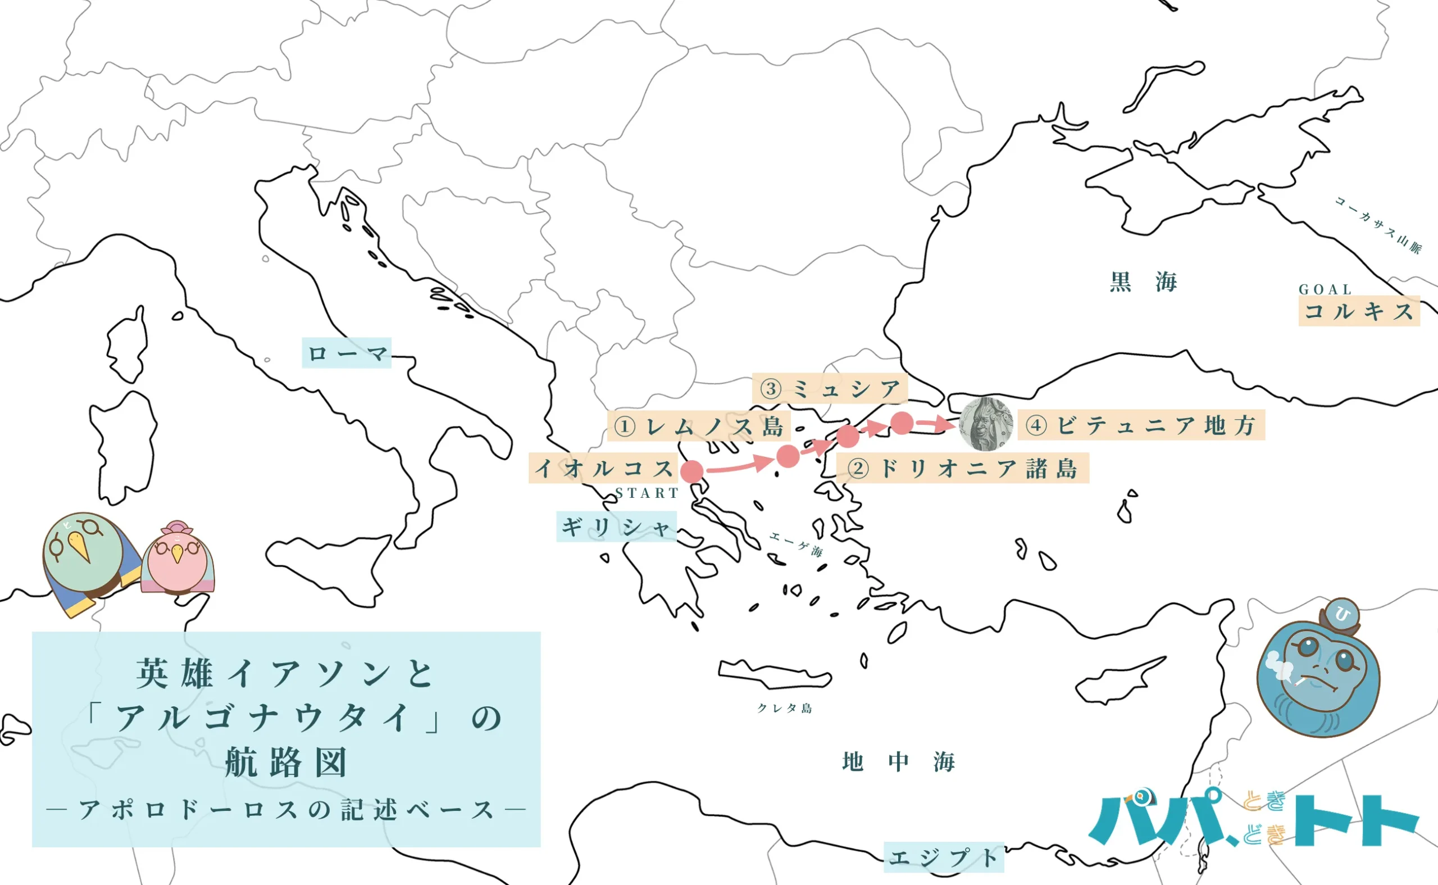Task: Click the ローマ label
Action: coord(347,353)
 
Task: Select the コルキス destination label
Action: coord(1358,311)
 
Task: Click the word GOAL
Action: coord(1325,289)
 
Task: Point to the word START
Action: coord(647,493)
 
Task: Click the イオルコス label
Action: coord(603,468)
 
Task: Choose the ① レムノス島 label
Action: coord(699,425)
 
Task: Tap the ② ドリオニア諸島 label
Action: coord(962,468)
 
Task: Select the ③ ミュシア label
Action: coord(830,388)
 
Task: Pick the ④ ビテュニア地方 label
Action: coord(1141,425)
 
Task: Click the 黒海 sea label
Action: coord(1143,282)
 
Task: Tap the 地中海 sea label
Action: coord(898,761)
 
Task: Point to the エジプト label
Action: coord(943,857)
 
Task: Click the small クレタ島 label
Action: coord(785,708)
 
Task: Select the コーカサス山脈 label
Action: coord(1377,225)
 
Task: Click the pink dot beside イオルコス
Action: coord(692,471)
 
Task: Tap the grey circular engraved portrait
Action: coord(986,424)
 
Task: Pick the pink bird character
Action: coord(178,560)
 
